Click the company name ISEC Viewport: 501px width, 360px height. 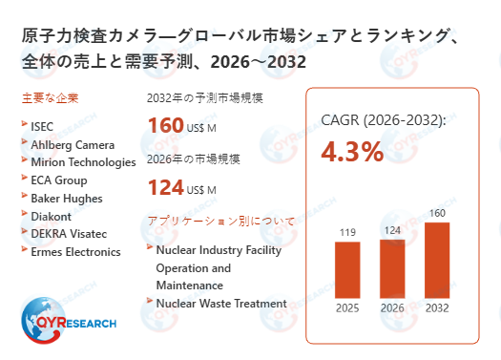point(43,126)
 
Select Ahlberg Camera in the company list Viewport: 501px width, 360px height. point(73,144)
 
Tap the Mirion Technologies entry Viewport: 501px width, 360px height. point(83,162)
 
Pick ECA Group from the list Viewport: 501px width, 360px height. point(58,180)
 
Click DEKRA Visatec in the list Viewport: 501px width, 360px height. point(73,234)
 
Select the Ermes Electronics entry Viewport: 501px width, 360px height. point(75,252)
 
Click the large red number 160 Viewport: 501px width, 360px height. point(165,125)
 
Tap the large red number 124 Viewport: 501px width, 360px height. point(165,187)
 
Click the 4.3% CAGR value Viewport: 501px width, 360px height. point(352,151)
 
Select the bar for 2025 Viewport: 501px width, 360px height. point(347,270)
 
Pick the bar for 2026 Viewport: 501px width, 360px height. point(392,268)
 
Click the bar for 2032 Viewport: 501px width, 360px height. point(437,261)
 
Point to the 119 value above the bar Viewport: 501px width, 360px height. point(347,231)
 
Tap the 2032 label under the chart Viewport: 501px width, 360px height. point(437,307)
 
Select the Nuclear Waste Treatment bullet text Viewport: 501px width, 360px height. point(220,304)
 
